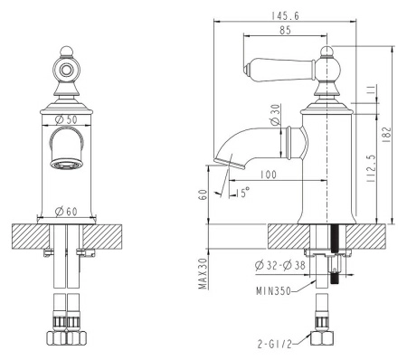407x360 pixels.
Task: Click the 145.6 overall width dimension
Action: (x=285, y=15)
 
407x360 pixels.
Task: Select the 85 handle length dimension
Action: (x=285, y=30)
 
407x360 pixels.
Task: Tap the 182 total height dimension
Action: (x=386, y=135)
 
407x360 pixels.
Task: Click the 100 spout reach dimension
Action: (x=268, y=175)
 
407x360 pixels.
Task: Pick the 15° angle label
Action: (x=242, y=192)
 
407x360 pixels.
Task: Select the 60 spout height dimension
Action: (x=203, y=194)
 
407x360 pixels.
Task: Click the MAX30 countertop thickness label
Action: (x=203, y=274)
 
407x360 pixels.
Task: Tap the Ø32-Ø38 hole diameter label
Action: (x=280, y=265)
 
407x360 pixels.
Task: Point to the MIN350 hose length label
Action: (x=273, y=291)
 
